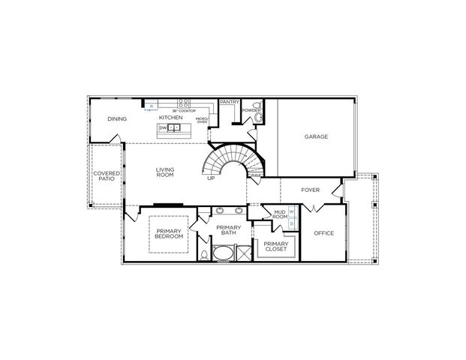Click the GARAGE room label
click(314, 137)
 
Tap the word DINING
click(116, 118)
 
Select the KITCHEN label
click(170, 118)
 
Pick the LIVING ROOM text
click(165, 172)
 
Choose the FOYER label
click(311, 190)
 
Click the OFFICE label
click(323, 232)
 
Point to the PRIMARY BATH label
click(227, 230)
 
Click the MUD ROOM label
click(279, 215)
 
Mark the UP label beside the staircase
click(211, 178)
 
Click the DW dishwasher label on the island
click(162, 128)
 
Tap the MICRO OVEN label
click(201, 120)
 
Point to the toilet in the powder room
click(258, 117)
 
